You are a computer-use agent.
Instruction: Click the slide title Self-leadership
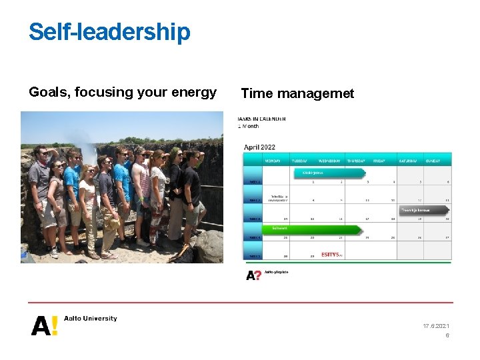109,32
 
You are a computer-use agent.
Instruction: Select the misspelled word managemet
321,93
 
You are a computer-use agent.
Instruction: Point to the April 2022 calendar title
259,147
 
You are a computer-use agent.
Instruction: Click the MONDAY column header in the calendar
272,161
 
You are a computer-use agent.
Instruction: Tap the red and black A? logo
253,275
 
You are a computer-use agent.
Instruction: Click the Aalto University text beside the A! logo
91,319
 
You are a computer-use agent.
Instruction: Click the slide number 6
447,336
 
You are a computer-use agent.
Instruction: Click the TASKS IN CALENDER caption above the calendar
262,119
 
